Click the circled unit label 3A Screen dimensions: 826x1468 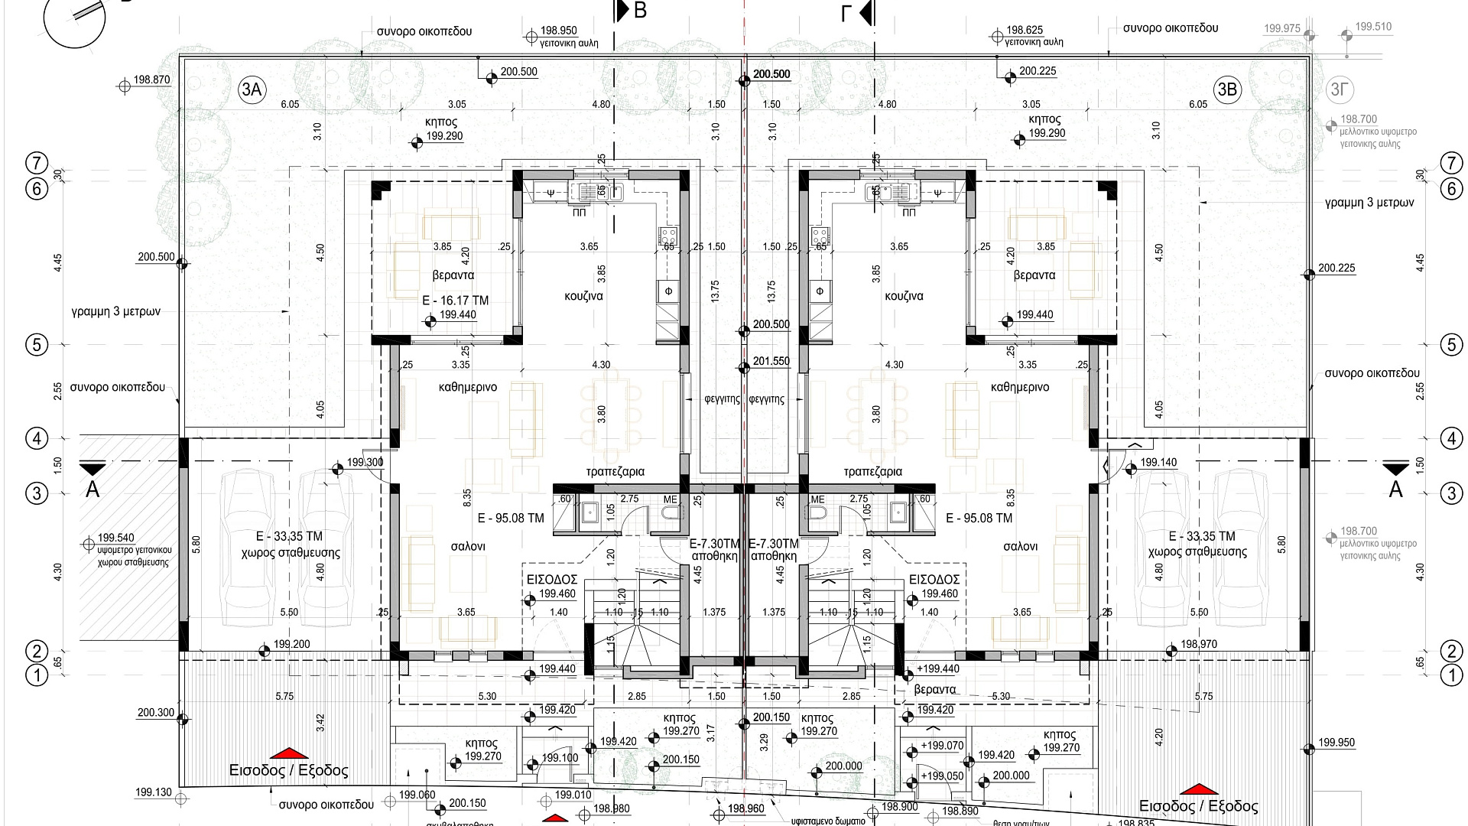point(252,89)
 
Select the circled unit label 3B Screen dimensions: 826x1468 point(1226,89)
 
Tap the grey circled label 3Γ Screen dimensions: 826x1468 point(1339,89)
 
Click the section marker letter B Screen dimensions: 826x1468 point(641,11)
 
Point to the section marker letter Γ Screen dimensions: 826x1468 point(846,13)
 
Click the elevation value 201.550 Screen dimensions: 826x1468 point(771,361)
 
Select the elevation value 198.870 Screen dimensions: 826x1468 point(151,80)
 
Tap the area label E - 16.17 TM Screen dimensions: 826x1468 point(455,301)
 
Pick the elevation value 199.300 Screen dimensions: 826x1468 point(365,463)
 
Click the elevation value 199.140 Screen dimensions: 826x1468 point(1158,463)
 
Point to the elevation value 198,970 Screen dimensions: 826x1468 point(1199,645)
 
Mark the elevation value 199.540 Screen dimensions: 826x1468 point(116,538)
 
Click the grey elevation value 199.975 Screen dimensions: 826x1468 point(1281,29)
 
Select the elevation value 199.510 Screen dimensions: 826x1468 point(1373,27)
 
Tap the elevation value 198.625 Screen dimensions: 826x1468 point(1025,31)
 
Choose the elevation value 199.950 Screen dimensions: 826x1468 point(1336,743)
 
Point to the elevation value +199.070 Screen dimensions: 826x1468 point(942,746)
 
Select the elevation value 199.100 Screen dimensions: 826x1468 point(560,759)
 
